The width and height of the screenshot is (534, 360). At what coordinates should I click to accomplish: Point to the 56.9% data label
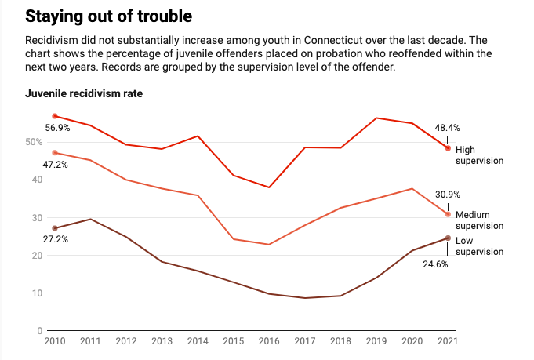58,127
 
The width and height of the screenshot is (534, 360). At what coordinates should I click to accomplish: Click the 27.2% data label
56,238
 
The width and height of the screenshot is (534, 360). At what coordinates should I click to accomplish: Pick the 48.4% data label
448,127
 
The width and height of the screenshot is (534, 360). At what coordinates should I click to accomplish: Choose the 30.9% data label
448,195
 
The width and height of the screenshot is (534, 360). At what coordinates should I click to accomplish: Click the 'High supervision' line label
479,155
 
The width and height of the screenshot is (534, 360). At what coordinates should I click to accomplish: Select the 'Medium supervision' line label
479,220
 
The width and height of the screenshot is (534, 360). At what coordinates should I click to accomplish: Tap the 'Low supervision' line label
479,245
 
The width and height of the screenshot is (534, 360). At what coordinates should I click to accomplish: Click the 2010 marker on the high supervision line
55,116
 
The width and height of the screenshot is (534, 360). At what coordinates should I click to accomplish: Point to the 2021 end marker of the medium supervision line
448,214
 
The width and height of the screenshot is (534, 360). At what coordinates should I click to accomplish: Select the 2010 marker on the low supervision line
55,228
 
